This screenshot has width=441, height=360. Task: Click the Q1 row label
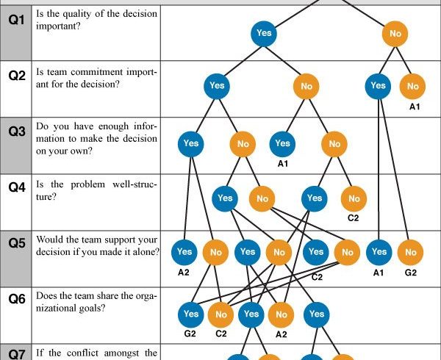(17, 21)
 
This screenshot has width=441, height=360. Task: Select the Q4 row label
(17, 187)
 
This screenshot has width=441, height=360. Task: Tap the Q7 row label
(17, 354)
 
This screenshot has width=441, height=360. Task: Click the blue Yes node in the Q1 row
(264, 34)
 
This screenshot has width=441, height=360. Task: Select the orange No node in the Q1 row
(395, 34)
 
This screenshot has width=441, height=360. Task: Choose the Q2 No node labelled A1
(412, 86)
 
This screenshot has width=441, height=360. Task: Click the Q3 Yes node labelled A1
(282, 143)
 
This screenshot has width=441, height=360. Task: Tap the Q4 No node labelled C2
(354, 198)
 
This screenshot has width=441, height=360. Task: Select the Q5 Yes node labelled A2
(184, 252)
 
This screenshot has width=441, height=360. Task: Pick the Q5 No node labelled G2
(410, 252)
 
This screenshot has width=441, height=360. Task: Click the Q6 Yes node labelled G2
(191, 314)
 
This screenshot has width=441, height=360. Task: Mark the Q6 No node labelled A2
(282, 314)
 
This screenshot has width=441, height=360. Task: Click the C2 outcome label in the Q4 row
(354, 218)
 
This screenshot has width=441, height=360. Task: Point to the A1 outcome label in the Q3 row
(283, 164)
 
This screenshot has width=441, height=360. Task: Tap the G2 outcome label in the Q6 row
(190, 334)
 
